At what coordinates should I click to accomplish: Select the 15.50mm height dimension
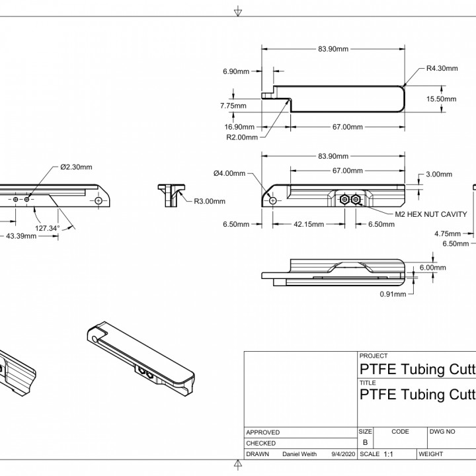coord(441,99)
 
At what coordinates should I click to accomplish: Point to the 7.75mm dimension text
coord(233,105)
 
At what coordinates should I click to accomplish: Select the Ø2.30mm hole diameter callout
coord(76,167)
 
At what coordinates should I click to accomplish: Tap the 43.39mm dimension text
coord(21,236)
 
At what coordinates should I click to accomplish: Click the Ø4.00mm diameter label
coord(229,173)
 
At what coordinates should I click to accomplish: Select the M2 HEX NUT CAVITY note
coord(432,214)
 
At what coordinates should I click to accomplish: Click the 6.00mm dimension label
coord(432,268)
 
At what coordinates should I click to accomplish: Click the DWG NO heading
coord(443,431)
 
